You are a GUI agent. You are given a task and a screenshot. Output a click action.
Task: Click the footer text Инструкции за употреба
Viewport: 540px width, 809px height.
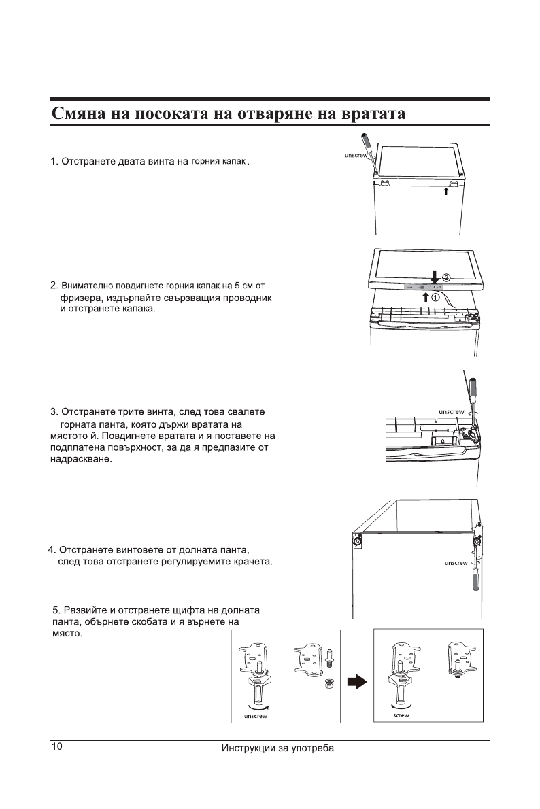point(278,749)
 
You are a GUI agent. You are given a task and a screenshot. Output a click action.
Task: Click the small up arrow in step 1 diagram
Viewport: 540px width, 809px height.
point(445,192)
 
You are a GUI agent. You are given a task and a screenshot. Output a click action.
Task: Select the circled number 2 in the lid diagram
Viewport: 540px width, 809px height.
point(447,277)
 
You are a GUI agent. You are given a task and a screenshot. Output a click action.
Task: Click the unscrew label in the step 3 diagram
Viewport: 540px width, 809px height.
point(451,412)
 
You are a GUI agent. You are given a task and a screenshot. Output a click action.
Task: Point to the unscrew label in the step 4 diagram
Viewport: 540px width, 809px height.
point(456,563)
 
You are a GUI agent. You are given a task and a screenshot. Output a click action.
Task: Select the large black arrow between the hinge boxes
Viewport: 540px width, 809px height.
point(357,681)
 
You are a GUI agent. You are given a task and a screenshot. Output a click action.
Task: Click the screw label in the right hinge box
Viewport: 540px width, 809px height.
point(401,715)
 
